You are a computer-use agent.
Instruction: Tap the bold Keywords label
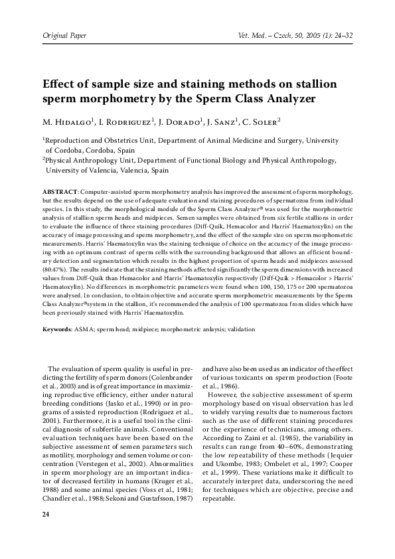click(58, 329)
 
